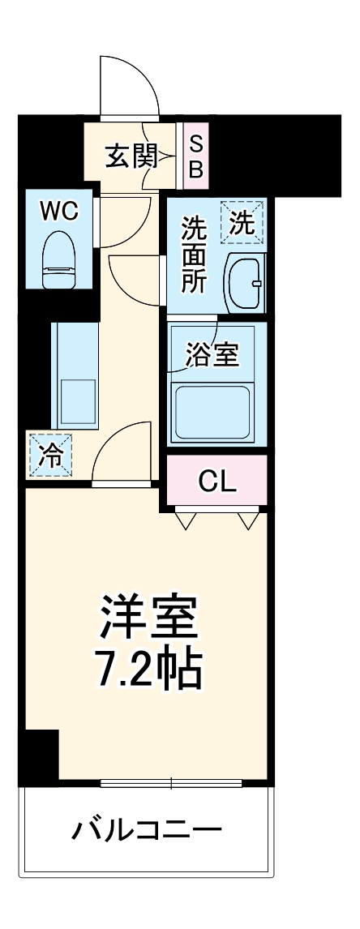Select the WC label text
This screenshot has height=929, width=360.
tap(59, 212)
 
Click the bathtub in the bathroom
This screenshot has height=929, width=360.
tap(216, 410)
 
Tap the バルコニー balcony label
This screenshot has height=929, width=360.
tap(147, 830)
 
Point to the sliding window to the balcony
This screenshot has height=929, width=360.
tap(171, 783)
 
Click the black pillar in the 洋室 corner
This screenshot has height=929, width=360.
tap(41, 755)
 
